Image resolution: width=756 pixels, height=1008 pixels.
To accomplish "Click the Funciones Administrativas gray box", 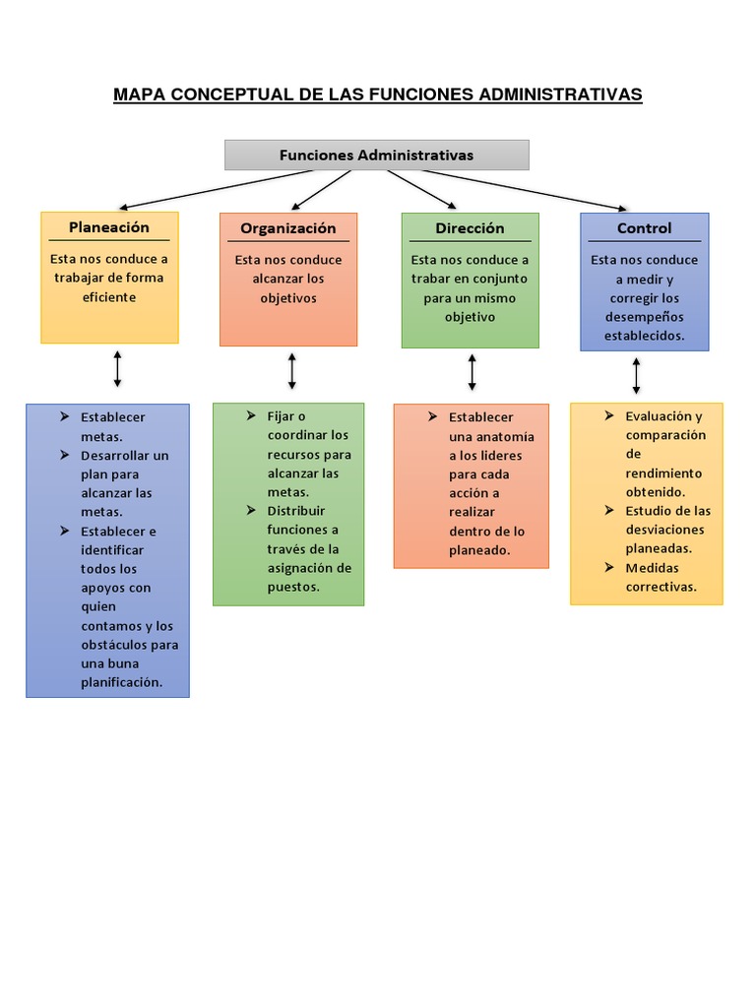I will tap(376, 155).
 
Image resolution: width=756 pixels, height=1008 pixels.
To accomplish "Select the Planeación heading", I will tap(109, 227).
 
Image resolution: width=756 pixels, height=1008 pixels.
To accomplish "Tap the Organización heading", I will tap(288, 228).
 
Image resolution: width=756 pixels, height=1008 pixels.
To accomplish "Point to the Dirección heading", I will tap(470, 228).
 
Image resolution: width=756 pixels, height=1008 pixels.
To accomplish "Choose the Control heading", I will tap(644, 228).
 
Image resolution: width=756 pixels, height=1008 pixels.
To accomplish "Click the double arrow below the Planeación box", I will tap(118, 368).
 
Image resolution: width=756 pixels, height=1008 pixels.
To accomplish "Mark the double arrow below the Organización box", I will tap(292, 371).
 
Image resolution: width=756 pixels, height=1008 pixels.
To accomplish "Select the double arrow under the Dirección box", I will tap(472, 372).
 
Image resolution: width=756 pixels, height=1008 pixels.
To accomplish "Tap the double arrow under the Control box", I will tap(637, 375).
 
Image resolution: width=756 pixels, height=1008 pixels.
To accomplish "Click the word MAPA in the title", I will tap(140, 94).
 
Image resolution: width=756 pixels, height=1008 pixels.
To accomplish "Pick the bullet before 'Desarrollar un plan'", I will tap(64, 455).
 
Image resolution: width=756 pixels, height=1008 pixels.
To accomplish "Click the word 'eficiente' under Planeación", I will tap(109, 296).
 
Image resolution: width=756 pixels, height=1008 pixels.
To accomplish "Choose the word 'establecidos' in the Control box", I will tap(644, 335).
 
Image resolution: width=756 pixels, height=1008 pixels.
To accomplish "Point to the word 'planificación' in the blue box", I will tap(121, 682).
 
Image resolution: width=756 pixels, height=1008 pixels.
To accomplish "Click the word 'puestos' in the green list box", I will tap(293, 587).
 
